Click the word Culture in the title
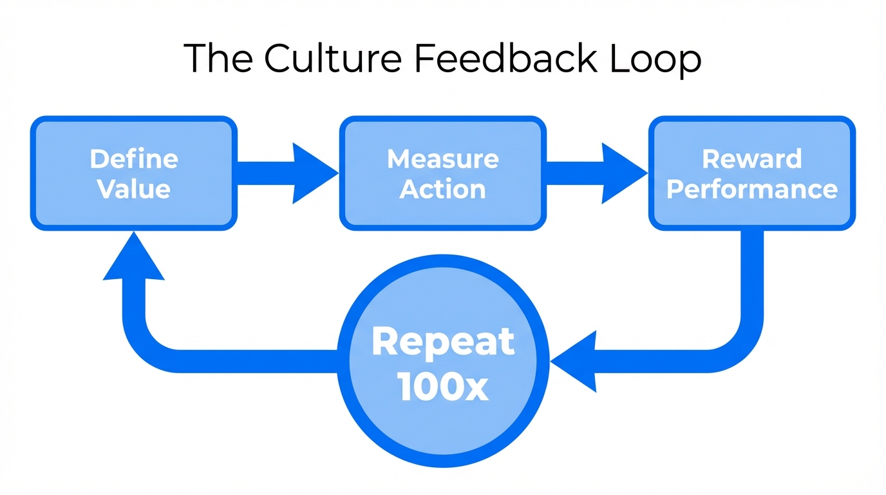coord(332,59)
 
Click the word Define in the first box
coord(134,159)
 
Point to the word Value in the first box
coord(134,189)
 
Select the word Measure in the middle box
coord(443,159)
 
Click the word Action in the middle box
coord(443,189)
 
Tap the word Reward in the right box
coord(752,159)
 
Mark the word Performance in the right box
coord(752,189)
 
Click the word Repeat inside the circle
coord(443,342)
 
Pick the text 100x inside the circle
coord(443,388)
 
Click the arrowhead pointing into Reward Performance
coord(622,173)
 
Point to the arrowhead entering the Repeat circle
coord(577,361)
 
